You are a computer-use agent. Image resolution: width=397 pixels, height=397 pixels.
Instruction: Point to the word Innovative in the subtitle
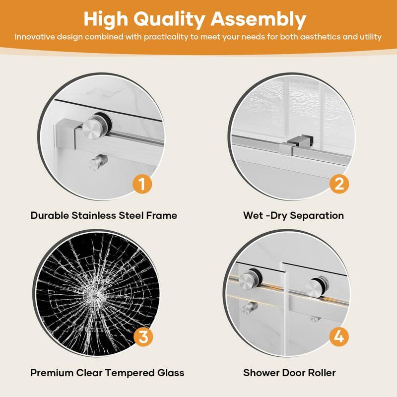34,37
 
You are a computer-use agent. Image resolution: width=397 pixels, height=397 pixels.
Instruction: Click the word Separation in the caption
317,215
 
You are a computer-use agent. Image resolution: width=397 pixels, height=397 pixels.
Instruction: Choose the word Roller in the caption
322,372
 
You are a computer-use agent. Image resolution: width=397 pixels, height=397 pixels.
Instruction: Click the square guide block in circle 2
289,144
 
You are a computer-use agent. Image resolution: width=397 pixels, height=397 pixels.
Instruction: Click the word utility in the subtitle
370,37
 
